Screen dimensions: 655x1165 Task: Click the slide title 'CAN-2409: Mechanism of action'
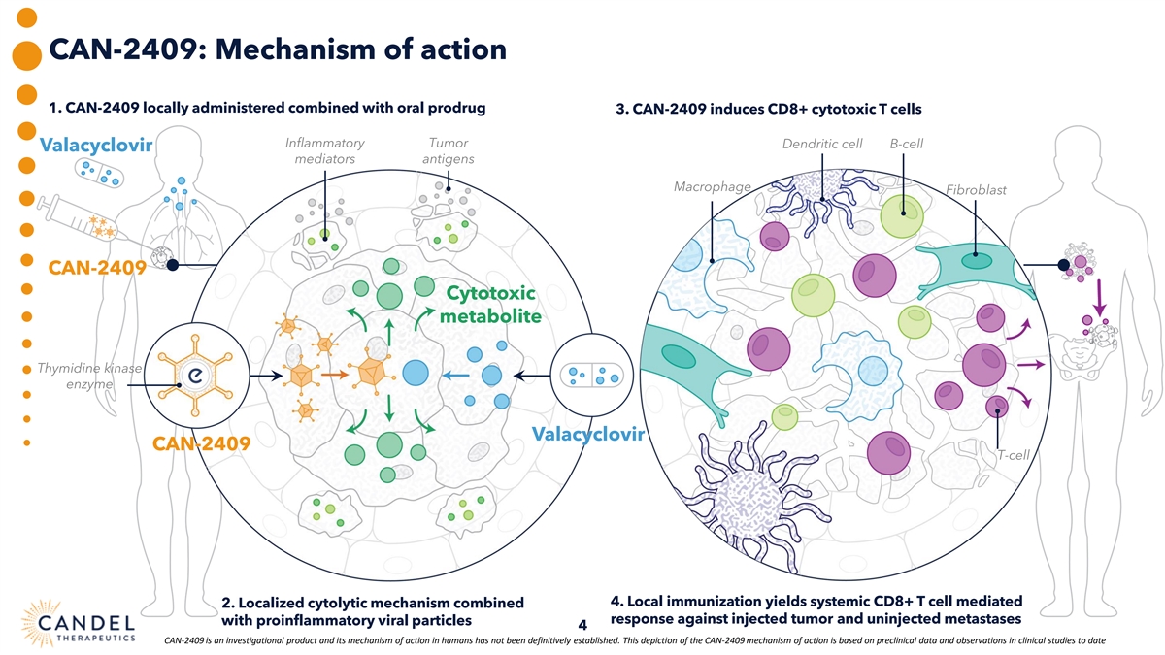point(277,49)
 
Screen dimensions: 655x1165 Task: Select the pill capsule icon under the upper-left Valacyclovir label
point(101,174)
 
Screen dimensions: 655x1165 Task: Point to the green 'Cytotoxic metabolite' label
point(489,305)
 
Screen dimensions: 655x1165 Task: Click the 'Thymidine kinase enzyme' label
point(89,377)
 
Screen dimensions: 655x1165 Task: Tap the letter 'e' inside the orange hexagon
point(195,376)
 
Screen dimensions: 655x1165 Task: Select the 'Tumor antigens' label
point(449,151)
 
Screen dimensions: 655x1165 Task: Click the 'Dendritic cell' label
point(821,145)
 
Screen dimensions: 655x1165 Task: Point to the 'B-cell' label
point(906,145)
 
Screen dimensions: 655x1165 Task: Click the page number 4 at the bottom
point(582,625)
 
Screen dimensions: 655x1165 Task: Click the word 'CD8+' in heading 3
point(792,108)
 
